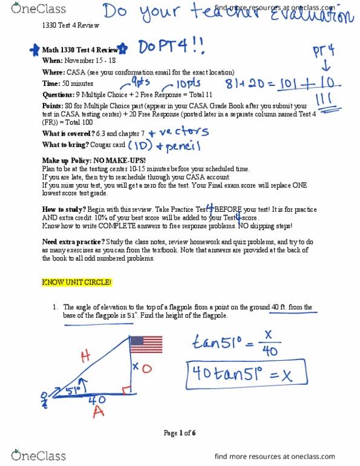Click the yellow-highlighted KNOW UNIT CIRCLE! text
(x=76, y=283)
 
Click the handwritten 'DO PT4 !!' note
(x=158, y=47)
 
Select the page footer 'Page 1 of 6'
(x=180, y=433)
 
